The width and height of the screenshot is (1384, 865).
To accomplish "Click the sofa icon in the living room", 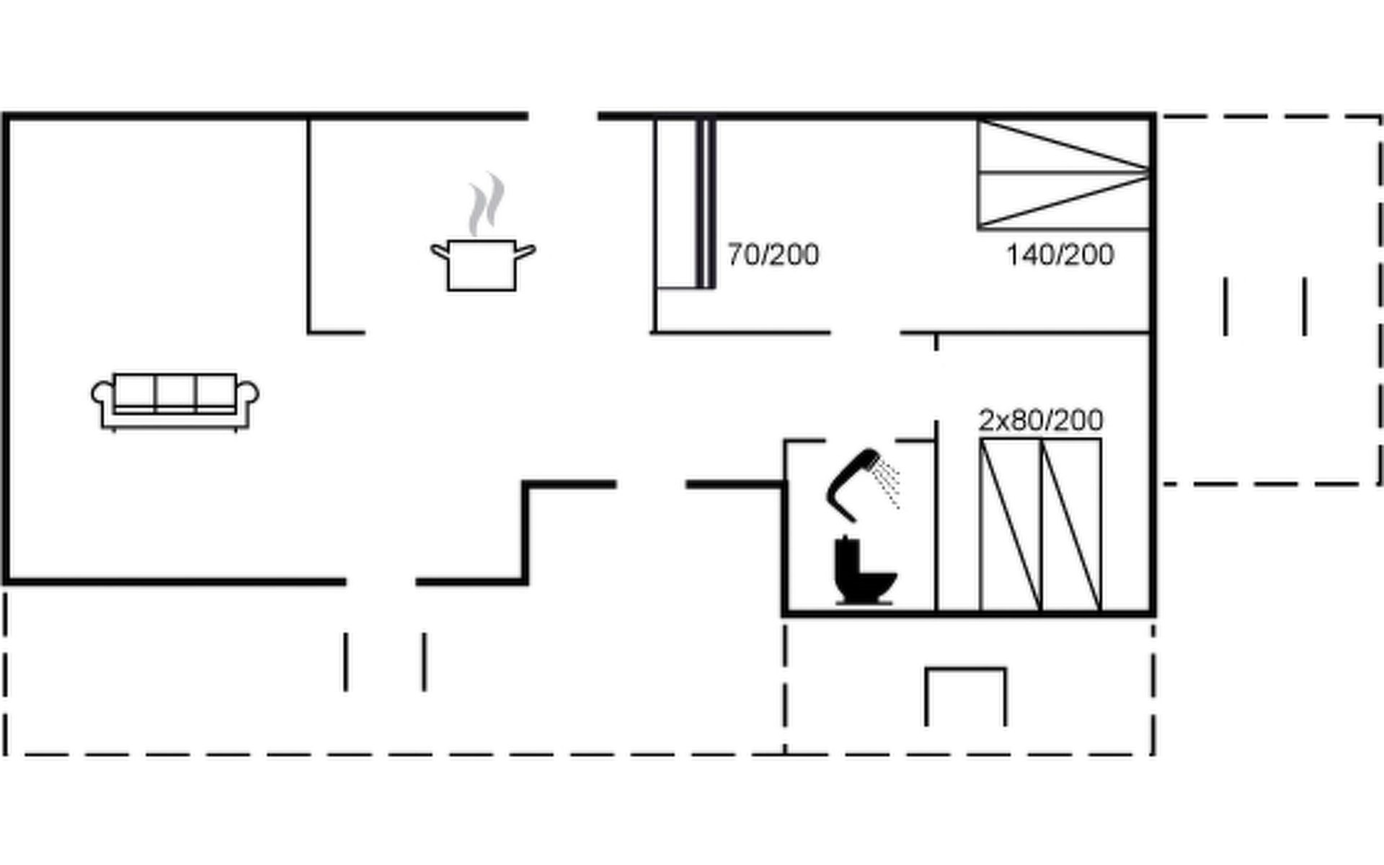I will [x=175, y=401].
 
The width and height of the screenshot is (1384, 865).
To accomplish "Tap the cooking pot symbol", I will [x=482, y=265].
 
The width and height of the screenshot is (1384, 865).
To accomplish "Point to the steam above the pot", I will [x=486, y=204].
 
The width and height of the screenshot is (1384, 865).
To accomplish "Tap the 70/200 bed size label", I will [x=773, y=255].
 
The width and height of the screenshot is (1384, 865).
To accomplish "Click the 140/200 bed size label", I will [x=1060, y=255].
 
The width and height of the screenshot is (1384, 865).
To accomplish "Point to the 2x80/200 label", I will [x=1040, y=420].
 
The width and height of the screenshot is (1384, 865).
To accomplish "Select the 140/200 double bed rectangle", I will [x=1063, y=174].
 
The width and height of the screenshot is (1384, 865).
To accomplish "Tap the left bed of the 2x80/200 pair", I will [x=1010, y=524].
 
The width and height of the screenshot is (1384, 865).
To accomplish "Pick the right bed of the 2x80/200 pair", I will [x=1071, y=524].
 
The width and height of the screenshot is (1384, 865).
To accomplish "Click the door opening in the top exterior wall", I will [x=563, y=116].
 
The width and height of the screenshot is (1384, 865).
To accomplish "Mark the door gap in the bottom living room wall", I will [x=381, y=581].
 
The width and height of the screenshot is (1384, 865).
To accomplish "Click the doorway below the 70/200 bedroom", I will [x=865, y=333].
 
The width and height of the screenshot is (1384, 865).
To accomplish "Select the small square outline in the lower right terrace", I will [x=965, y=696].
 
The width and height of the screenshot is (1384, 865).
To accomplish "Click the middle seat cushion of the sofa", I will [x=175, y=391].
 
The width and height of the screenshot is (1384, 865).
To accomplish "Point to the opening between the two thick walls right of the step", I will [x=651, y=484].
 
